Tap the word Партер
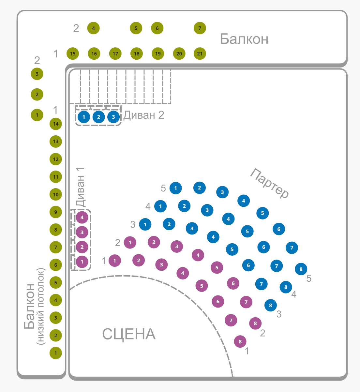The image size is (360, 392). point(270,183)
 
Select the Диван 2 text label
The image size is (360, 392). point(144,115)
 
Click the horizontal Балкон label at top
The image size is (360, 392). point(244,39)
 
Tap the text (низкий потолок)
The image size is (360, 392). point(41,307)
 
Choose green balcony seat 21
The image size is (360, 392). point(200,54)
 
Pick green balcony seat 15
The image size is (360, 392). point(73,54)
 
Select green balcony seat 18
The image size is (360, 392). point(137,54)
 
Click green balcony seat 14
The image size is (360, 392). point(56,124)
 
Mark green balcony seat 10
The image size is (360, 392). point(56,195)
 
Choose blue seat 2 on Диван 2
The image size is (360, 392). point(99,117)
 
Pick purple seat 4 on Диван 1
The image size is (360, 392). point(82,217)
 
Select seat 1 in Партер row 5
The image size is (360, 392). point(176,188)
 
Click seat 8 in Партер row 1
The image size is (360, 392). point(240,341)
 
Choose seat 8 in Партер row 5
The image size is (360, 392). point(301,269)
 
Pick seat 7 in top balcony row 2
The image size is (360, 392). point(200,28)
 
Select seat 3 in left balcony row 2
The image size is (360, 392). point(37,74)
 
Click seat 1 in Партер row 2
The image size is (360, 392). point(130,242)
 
